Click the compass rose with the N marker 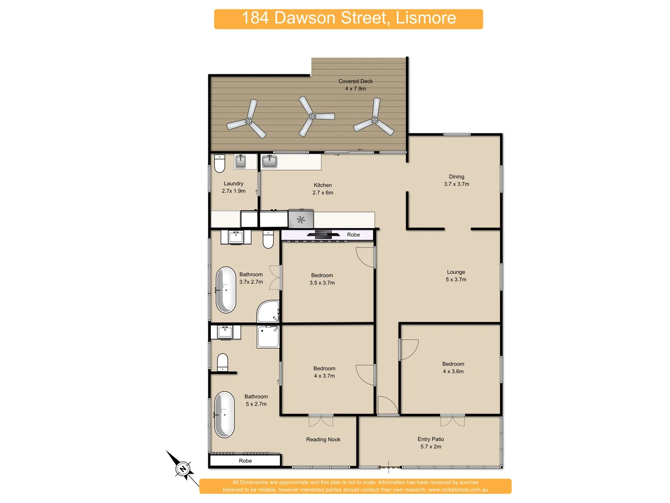(182, 468)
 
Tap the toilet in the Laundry (220, 163)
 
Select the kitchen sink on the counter (269, 162)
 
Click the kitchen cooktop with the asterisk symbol (301, 219)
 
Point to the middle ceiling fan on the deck (313, 116)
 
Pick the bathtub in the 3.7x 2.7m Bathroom (226, 290)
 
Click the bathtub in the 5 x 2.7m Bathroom (224, 414)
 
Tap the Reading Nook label (323, 440)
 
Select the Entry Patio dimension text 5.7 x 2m (431, 447)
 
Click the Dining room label (456, 177)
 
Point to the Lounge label (456, 272)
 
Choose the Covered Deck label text (355, 81)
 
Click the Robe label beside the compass (245, 461)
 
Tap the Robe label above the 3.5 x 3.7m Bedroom (353, 235)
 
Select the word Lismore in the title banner (426, 18)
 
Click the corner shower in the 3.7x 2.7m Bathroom (268, 311)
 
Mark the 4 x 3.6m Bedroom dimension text (453, 372)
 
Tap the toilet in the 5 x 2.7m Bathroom (222, 362)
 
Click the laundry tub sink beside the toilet (240, 162)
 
